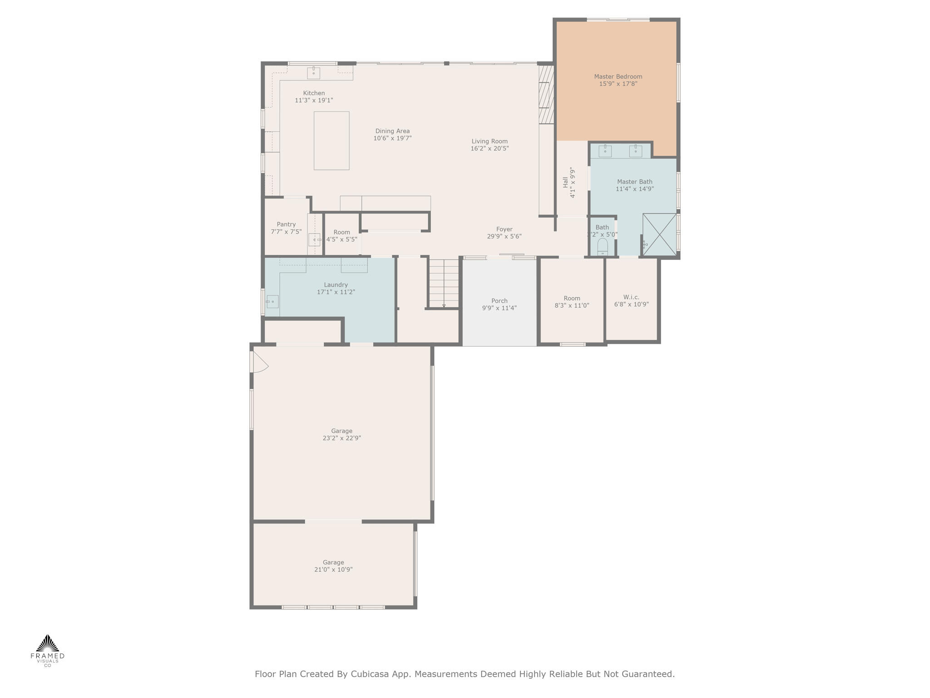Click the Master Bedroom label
click(x=618, y=77)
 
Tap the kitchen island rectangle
click(x=331, y=140)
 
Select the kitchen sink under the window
click(x=313, y=73)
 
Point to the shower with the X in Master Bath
click(x=660, y=234)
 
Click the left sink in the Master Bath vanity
click(x=605, y=151)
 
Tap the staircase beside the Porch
click(x=444, y=283)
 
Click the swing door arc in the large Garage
click(x=260, y=363)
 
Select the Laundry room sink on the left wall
click(x=272, y=301)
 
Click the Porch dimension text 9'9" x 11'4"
click(x=499, y=308)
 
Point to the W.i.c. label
click(x=631, y=297)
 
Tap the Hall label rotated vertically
click(x=565, y=182)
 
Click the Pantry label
click(x=286, y=224)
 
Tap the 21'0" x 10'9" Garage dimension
click(x=333, y=570)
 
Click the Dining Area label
click(x=392, y=131)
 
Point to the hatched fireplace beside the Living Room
click(x=546, y=95)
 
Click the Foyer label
click(x=504, y=229)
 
